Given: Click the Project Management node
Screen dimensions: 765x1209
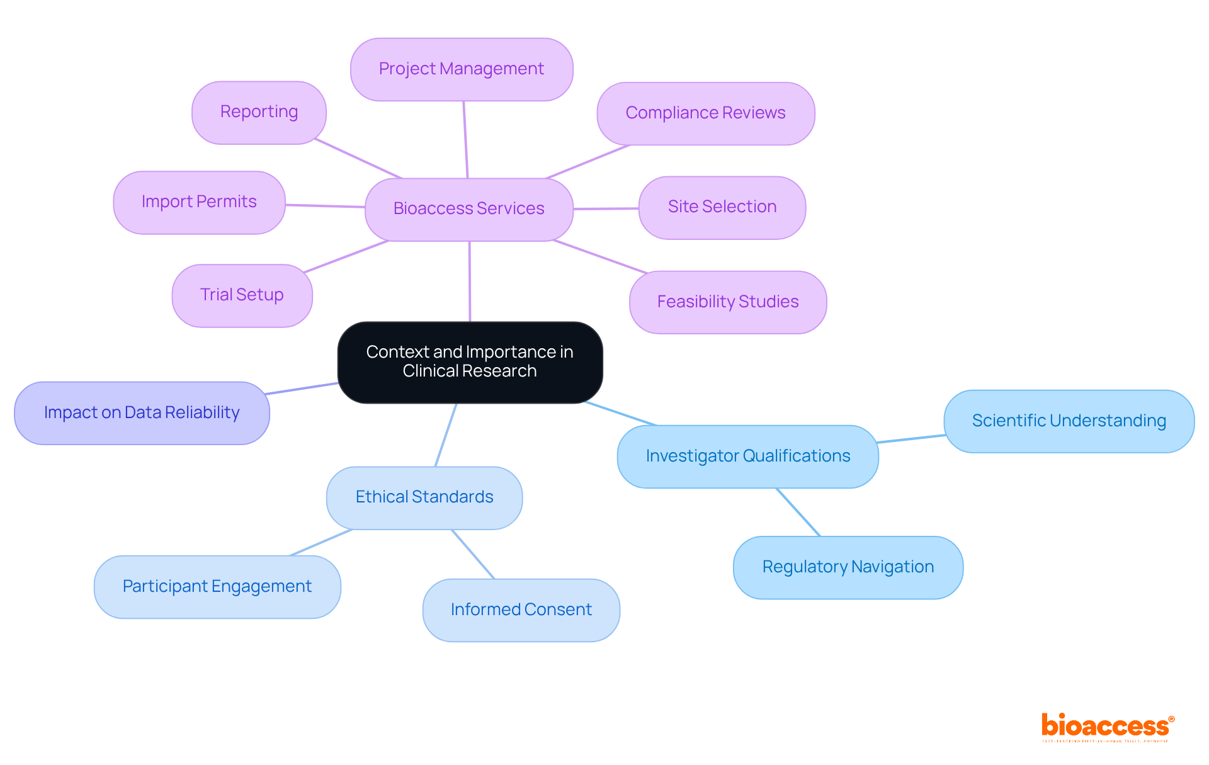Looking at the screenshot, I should click(x=462, y=69).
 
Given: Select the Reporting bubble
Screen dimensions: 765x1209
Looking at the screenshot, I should click(x=259, y=112).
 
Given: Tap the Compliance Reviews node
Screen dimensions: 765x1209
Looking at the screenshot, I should click(x=705, y=113).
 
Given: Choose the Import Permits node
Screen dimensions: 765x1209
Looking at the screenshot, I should click(x=199, y=202).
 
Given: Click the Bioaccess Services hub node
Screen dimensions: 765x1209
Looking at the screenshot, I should click(x=468, y=209).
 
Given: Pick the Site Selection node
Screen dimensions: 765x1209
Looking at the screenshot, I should click(x=722, y=207).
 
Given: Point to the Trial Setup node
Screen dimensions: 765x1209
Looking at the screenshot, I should click(x=242, y=295).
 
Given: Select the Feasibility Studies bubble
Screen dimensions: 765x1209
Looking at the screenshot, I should click(x=727, y=302).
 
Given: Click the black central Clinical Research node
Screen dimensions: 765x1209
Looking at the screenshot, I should click(x=470, y=362).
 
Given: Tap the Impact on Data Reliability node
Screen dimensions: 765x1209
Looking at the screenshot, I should click(x=142, y=413).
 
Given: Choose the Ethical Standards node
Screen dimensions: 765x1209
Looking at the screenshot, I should click(x=424, y=497).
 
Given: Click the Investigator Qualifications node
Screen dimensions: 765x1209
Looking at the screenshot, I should click(x=747, y=456).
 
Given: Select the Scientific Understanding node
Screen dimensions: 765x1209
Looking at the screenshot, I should click(x=1069, y=421).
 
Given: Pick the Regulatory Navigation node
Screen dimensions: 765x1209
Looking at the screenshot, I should click(x=848, y=567).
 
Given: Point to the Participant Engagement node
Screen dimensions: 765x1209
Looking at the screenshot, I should click(x=217, y=587).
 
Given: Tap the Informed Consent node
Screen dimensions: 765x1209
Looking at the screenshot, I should click(x=521, y=610).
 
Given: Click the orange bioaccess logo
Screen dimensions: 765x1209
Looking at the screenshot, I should click(x=1106, y=727).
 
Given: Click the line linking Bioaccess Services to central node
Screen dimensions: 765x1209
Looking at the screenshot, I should click(x=470, y=281).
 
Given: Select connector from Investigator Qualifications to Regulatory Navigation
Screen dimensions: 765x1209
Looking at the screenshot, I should click(x=798, y=512).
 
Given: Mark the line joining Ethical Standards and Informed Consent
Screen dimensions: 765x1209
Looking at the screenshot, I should click(x=474, y=554).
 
